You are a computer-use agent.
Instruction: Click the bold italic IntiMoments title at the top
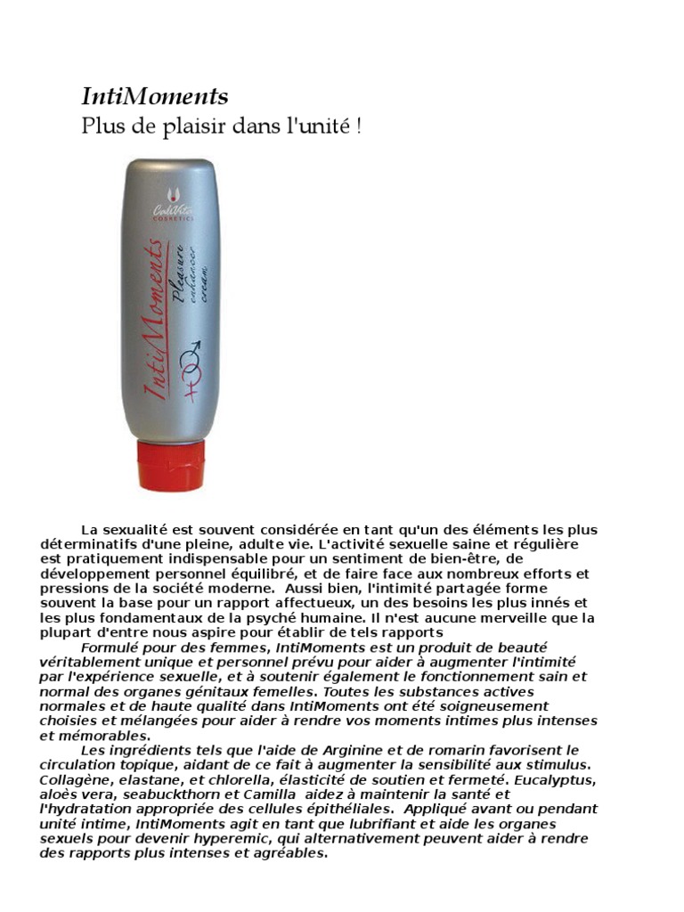(155, 96)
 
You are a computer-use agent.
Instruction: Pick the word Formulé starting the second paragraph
(105, 647)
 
